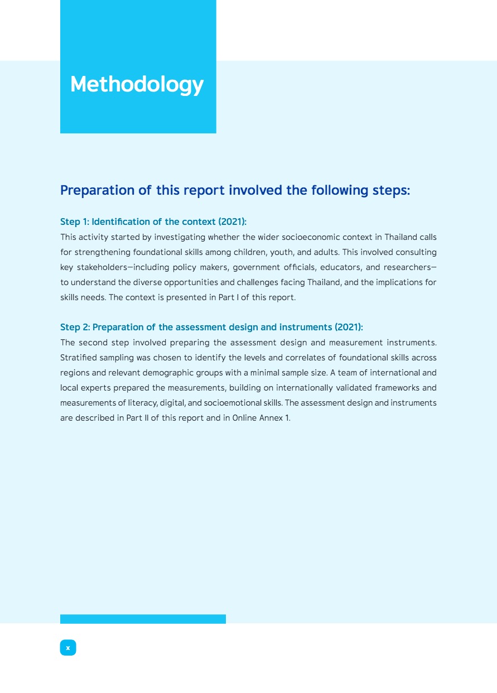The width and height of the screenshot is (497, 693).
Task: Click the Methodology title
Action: [x=137, y=85]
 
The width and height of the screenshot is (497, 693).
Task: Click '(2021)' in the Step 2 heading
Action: [x=349, y=327]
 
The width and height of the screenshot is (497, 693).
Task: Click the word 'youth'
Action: [x=281, y=252]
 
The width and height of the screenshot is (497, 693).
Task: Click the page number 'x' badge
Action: [x=68, y=648]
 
